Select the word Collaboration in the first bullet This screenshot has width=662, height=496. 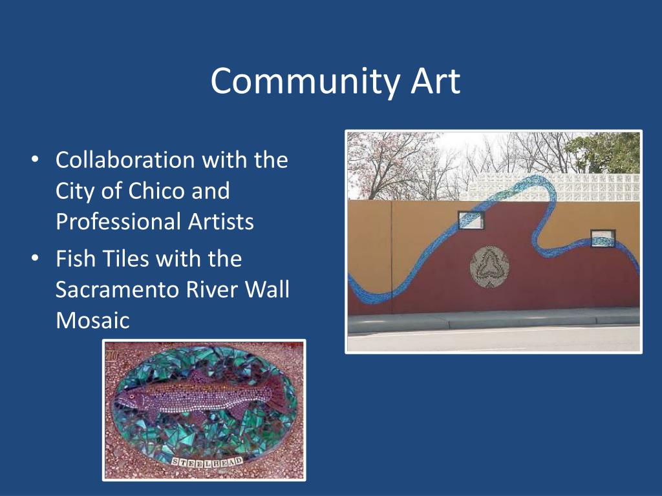(x=125, y=160)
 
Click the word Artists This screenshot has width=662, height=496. (x=221, y=222)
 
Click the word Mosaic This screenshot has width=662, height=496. (x=92, y=320)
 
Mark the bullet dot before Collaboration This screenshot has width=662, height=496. (x=35, y=160)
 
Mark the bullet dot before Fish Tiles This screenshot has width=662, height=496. (x=35, y=258)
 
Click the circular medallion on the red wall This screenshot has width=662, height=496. (x=489, y=267)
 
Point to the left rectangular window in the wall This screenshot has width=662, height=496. (x=471, y=220)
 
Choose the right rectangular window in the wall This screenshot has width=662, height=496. (x=603, y=238)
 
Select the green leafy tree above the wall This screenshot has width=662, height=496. (x=604, y=152)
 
